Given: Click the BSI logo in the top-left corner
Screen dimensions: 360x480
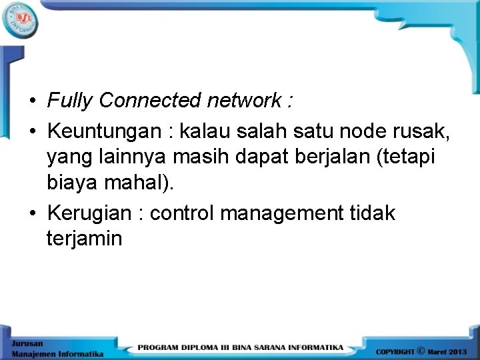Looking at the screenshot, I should [x=20, y=21].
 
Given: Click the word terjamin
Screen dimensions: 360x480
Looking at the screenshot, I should [x=84, y=238].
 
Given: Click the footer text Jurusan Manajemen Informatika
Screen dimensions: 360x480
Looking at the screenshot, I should [x=57, y=348].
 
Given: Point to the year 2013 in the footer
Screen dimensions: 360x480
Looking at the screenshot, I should [x=458, y=351].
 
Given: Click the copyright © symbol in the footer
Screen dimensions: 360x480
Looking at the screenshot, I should [x=421, y=350].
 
